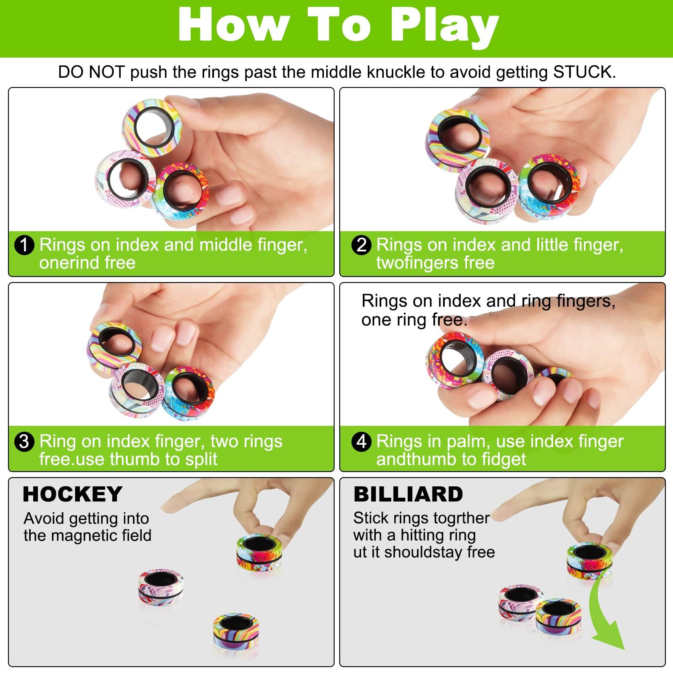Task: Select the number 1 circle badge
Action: pos(24,245)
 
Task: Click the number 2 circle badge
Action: pos(361,245)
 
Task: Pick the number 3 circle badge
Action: pos(24,442)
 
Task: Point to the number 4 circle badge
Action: pos(361,442)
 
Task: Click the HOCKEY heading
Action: pos(72,494)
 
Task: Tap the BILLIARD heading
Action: pos(408,494)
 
